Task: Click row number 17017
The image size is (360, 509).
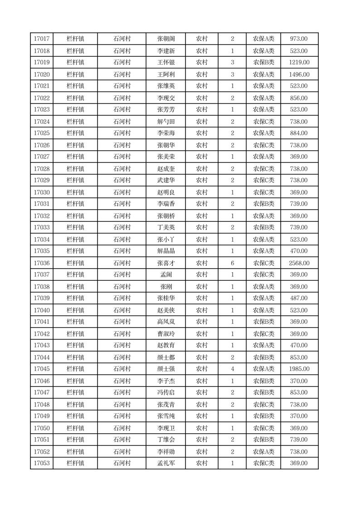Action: pos(41,39)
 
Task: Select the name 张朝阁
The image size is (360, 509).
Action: pos(166,39)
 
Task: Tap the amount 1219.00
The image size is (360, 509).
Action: pos(299,62)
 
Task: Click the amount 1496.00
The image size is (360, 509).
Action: pos(299,74)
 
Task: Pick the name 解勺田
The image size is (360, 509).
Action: pos(166,122)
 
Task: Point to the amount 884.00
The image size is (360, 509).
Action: pos(299,133)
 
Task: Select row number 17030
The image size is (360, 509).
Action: pos(41,192)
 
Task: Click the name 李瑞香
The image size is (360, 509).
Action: pos(166,204)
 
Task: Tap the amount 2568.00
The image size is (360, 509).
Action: pos(299,263)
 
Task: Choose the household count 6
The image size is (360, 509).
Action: pos(232,263)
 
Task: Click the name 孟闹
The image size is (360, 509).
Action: pos(166,274)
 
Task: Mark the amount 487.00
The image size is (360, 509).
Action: pos(299,298)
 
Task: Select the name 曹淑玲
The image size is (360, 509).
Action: pos(166,334)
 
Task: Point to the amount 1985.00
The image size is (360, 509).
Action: pos(299,369)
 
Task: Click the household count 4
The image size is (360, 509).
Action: pos(232,369)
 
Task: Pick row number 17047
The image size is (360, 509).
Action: pos(41,392)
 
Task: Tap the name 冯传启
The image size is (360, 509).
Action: pos(166,392)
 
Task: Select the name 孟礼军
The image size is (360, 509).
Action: pos(166,463)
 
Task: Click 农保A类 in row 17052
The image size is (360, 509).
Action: pos(263,452)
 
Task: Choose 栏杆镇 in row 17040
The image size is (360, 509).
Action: pos(75,310)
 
